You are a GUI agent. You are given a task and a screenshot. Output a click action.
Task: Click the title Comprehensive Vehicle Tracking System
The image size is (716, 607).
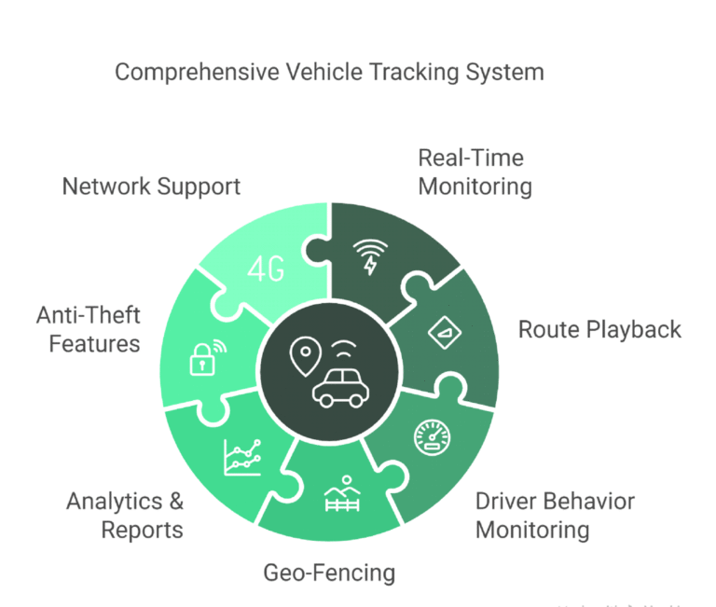tap(329, 72)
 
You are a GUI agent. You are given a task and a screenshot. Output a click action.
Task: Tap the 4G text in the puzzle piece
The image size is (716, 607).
tap(268, 270)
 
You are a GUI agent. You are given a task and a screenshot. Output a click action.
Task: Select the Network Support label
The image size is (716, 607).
tap(151, 186)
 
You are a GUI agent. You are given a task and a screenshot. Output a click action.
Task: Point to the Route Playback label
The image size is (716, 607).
tap(599, 329)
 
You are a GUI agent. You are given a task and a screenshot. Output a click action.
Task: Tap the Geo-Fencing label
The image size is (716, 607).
tap(329, 572)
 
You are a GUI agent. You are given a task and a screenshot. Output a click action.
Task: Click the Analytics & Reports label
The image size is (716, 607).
tap(125, 515)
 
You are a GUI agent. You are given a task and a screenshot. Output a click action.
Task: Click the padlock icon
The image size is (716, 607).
tap(203, 359)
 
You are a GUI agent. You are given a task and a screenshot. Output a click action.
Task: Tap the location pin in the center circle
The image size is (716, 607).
tap(305, 355)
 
